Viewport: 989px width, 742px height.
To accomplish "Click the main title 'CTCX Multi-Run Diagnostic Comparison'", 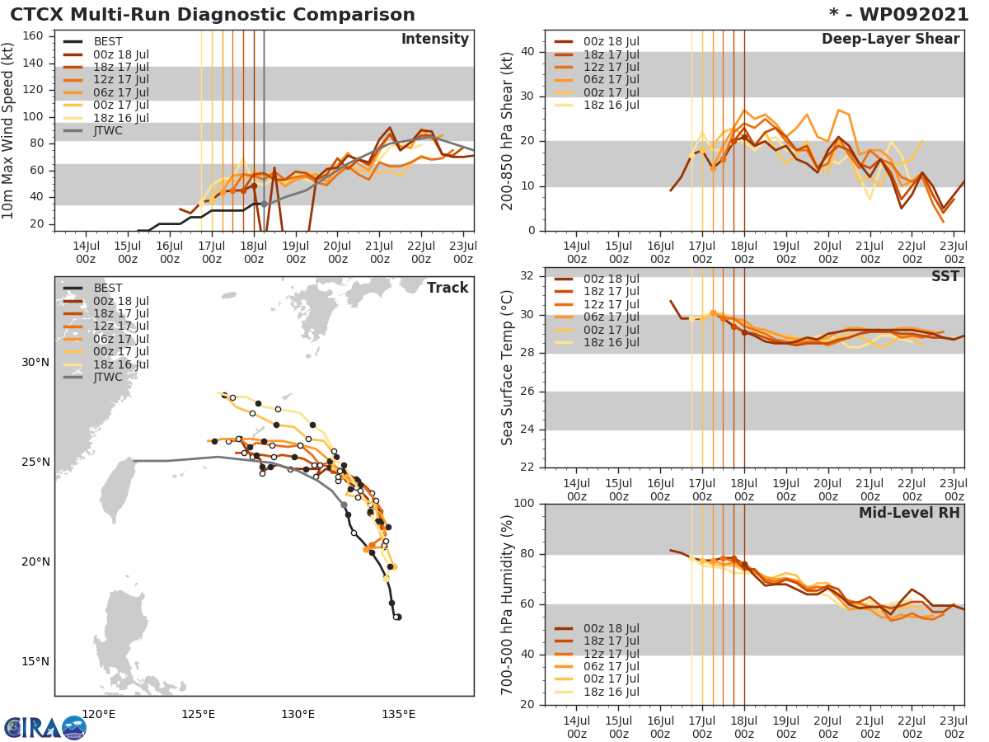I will (x=213, y=15).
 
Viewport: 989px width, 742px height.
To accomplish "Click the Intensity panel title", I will (x=434, y=40).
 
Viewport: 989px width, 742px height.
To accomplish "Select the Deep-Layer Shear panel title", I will (x=890, y=40).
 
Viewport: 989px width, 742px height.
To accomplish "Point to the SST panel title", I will (x=945, y=276).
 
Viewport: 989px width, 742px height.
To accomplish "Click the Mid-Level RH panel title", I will (x=909, y=513).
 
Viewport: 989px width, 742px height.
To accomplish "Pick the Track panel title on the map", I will (x=448, y=288).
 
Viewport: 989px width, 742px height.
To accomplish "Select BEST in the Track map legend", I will (x=108, y=288).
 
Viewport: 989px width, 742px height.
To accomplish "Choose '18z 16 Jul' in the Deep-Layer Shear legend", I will (x=611, y=105).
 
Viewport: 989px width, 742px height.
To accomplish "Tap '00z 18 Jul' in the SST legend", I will (x=611, y=279).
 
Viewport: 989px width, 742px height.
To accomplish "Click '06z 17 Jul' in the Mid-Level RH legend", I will (x=611, y=666).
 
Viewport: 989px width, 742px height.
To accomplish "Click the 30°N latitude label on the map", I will (x=35, y=363).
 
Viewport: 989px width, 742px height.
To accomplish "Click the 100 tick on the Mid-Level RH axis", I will (x=525, y=504).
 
